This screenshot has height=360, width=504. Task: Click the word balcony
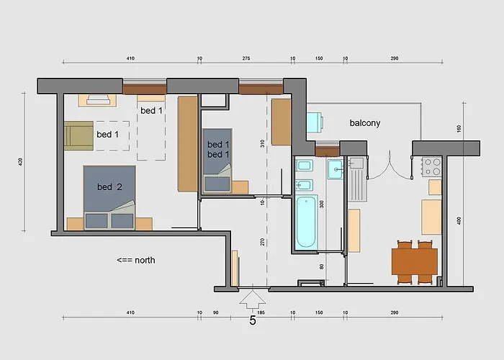click(x=365, y=123)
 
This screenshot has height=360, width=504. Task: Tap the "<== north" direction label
click(x=135, y=260)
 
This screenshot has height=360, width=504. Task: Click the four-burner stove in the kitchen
click(x=432, y=167)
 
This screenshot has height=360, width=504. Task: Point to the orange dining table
click(x=414, y=260)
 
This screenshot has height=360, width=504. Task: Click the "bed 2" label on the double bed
click(x=109, y=187)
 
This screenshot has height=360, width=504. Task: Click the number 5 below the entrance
click(x=252, y=320)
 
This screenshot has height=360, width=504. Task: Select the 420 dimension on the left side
click(x=22, y=163)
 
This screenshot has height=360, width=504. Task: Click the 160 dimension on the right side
click(x=459, y=129)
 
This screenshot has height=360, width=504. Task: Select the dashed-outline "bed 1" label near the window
click(x=151, y=110)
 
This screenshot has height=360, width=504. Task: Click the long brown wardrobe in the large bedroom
click(x=186, y=144)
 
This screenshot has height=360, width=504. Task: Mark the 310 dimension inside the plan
click(x=263, y=143)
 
